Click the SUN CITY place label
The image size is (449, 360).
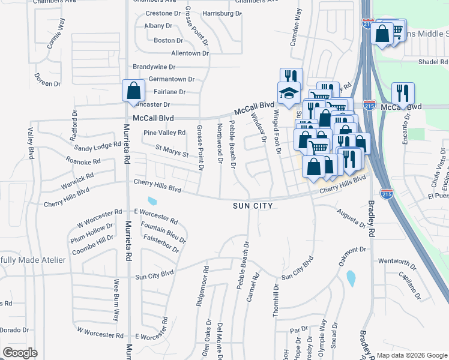point(253,206)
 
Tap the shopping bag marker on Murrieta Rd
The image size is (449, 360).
point(133,91)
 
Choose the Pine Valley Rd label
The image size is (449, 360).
point(164,133)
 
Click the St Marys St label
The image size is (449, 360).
point(172,151)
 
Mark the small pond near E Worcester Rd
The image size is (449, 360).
point(152,201)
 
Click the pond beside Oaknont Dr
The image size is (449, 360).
point(351,278)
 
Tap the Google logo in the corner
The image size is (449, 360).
point(20,353)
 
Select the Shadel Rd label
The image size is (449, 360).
point(433,62)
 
